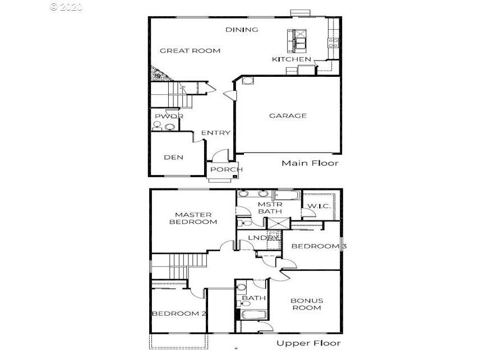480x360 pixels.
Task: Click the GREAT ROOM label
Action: coord(190,51)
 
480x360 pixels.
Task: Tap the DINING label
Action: coord(242,30)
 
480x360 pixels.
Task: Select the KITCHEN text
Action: coord(292,59)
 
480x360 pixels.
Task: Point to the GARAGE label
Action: coord(288,116)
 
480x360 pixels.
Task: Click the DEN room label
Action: coord(174,158)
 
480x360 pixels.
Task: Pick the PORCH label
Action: coord(226,169)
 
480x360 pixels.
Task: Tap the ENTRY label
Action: coord(215,133)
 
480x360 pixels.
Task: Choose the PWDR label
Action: coord(169,116)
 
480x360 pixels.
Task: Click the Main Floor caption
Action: coord(310,163)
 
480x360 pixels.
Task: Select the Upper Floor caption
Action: coord(308,343)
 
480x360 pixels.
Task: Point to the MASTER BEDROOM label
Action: coord(193,218)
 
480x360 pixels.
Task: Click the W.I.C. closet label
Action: coord(319,206)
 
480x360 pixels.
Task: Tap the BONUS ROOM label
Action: coord(307,304)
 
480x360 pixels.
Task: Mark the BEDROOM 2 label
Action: coord(179,313)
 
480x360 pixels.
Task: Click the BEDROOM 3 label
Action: coord(319,246)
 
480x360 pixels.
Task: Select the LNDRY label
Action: coord(263,238)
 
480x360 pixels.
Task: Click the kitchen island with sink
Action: coord(297,41)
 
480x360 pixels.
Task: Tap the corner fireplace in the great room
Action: coord(158,75)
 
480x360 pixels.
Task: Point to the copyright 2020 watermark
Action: coord(66,7)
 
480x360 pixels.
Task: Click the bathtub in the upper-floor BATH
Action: coord(253,315)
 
